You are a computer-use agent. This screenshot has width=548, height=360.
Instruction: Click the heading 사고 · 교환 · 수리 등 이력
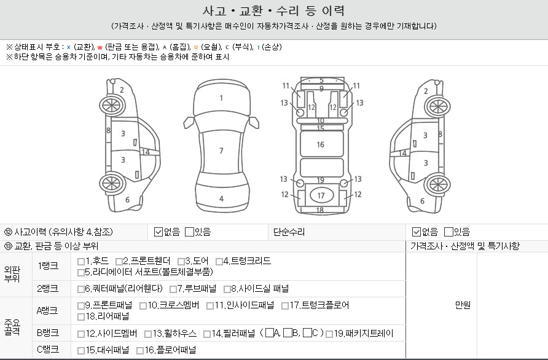[x=274, y=11]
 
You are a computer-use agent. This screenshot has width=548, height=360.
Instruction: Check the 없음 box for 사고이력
[x=159, y=232]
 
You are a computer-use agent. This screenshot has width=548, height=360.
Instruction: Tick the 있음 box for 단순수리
[x=448, y=232]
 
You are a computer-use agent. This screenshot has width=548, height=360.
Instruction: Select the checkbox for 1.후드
[x=81, y=261]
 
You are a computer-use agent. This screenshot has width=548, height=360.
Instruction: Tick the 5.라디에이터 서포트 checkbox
[x=81, y=272]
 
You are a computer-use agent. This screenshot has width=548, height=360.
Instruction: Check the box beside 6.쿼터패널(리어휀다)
[x=81, y=289]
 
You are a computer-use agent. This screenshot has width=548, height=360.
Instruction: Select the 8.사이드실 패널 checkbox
[x=227, y=289]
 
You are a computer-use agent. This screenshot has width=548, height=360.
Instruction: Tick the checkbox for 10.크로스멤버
[x=154, y=305]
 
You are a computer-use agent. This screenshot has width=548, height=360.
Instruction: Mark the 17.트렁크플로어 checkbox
[x=286, y=305]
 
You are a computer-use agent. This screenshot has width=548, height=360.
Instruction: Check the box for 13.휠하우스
[x=148, y=334]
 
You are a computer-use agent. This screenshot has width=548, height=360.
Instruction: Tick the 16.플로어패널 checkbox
[x=140, y=351]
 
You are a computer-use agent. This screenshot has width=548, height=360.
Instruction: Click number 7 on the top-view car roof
[x=221, y=151]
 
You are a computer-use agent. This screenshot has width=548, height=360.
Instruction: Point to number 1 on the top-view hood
[x=221, y=98]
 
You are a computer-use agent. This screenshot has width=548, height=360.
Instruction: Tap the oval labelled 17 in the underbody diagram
[x=321, y=195]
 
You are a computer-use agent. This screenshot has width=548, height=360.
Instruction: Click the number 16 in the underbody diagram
[x=321, y=145]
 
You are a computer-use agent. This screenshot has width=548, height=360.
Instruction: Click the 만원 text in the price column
[x=463, y=306]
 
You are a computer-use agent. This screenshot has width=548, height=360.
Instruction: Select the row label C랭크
[x=47, y=350]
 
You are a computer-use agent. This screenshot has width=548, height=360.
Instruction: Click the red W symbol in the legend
[x=100, y=47]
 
